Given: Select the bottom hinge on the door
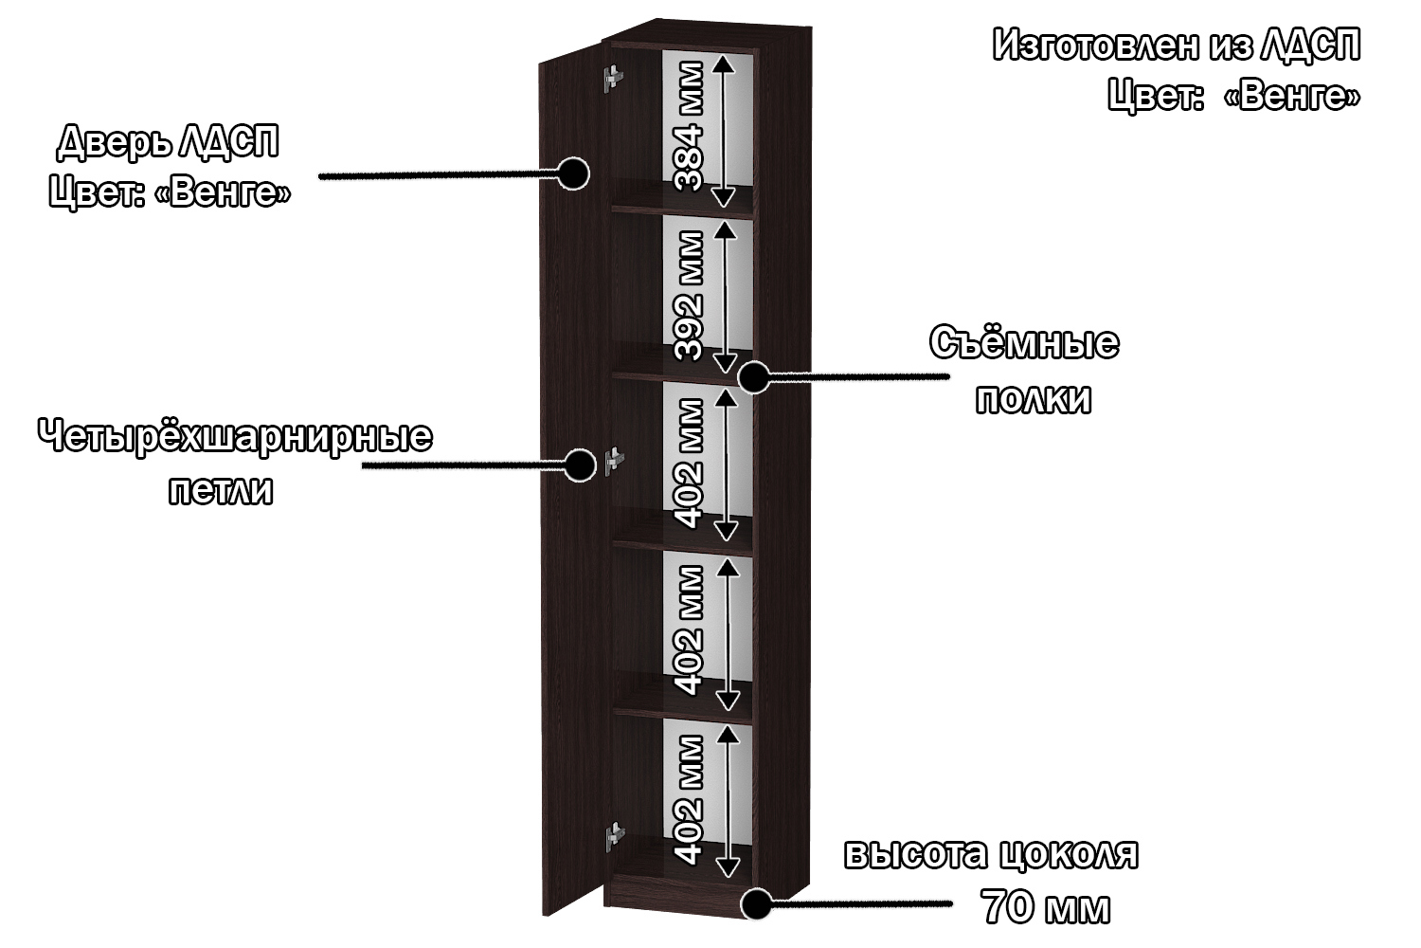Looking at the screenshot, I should click(616, 834).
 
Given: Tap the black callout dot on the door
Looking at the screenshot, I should click(572, 173).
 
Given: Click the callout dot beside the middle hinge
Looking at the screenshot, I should click(578, 465).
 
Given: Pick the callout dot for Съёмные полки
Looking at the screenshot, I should click(754, 377).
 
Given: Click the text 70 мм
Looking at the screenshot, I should click(1046, 907).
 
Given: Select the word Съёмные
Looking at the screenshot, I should click(1024, 343).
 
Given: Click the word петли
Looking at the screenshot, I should click(221, 491).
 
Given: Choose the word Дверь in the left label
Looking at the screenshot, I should click(116, 141).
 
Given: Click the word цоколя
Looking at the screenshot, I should click(1067, 854).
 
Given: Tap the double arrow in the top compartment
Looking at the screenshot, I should click(723, 130).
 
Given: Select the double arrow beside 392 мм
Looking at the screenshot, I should click(725, 296).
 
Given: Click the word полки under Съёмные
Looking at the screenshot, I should click(1034, 399).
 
